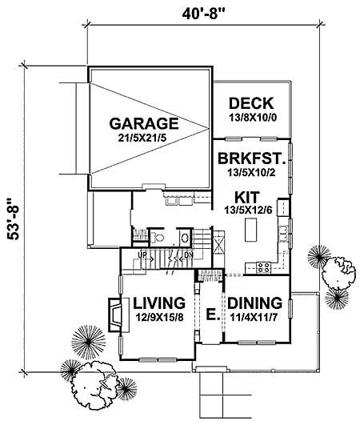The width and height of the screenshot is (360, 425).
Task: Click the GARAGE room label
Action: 143,124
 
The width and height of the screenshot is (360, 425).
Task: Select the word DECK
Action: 251,103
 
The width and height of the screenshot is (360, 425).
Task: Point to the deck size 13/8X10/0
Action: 251,117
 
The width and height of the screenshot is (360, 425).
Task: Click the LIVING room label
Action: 160,303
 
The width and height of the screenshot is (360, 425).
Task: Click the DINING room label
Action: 254,303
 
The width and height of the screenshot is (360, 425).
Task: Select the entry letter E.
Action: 210,314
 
